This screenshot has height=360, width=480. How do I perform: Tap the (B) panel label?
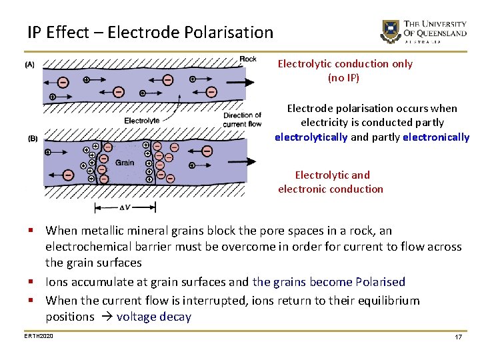click(x=32, y=138)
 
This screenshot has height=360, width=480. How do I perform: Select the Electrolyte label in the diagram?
click(x=142, y=120)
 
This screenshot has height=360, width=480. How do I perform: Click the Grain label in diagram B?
click(x=125, y=162)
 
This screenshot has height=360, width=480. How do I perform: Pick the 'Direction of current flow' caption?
click(x=242, y=119)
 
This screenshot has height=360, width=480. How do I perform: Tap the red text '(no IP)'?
click(x=344, y=78)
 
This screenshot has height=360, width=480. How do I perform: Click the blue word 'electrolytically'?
click(x=311, y=137)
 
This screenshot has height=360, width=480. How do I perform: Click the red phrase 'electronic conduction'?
click(x=331, y=189)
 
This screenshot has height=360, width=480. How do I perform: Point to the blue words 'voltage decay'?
click(x=153, y=317)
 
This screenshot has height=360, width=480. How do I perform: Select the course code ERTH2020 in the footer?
click(x=39, y=335)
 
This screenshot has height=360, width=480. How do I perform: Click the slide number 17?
click(x=458, y=337)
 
